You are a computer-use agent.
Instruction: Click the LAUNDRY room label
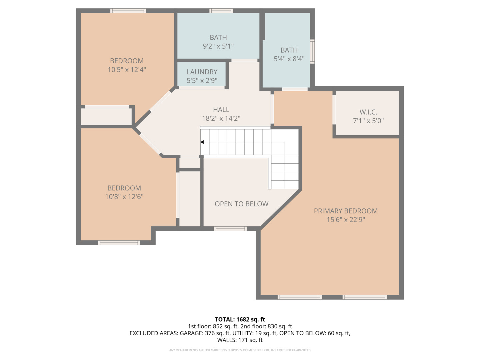[202, 72]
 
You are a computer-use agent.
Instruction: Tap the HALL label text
[221, 110]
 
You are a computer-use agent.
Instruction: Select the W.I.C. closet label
[368, 112]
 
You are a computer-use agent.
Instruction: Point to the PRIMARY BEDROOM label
[346, 211]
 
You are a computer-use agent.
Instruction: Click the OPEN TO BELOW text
[241, 204]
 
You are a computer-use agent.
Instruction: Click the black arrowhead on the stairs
[202, 142]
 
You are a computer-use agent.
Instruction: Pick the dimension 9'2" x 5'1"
[218, 46]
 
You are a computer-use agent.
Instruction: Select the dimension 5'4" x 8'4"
[289, 59]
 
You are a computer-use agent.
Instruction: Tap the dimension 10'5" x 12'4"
[127, 70]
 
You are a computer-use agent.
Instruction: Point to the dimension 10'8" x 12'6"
[124, 197]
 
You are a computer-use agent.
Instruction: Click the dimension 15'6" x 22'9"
[346, 219]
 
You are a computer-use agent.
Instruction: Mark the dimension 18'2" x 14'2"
[221, 118]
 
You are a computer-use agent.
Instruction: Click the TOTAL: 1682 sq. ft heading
[240, 319]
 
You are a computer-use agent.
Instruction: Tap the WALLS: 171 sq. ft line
[240, 340]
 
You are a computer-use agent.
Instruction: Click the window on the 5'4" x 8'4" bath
[312, 52]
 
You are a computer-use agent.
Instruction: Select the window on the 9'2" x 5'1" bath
[221, 11]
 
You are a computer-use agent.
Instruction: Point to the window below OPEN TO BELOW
[230, 229]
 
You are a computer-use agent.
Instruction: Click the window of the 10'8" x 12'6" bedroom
[119, 243]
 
